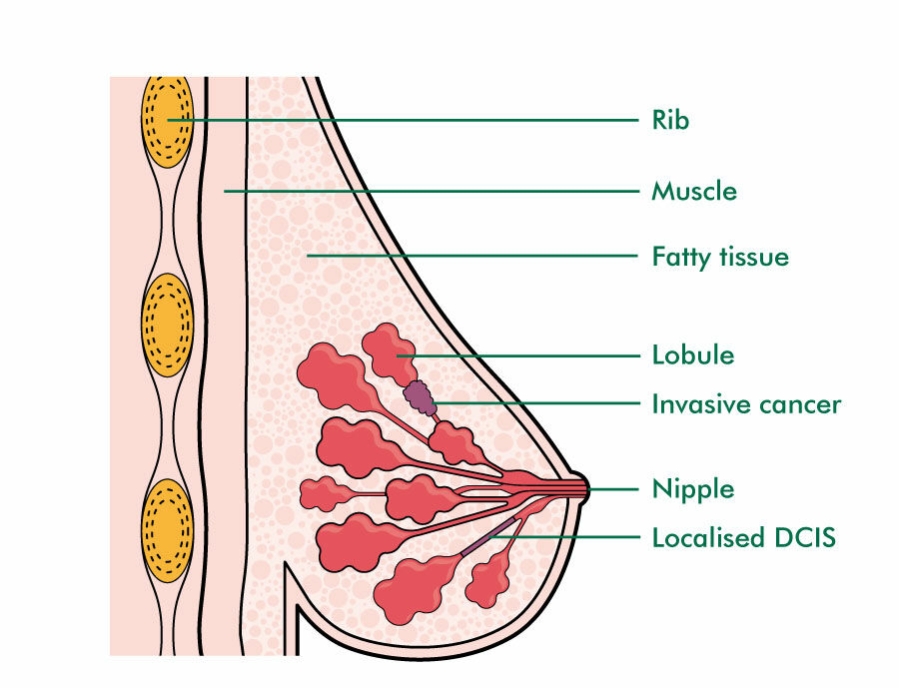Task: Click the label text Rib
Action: click(x=670, y=121)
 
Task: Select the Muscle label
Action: click(x=694, y=190)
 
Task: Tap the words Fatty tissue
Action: click(x=719, y=257)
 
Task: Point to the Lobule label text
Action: click(x=692, y=354)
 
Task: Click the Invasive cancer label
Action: click(x=746, y=404)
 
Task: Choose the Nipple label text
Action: click(x=692, y=490)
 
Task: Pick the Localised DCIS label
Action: click(x=743, y=538)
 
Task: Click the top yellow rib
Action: click(x=167, y=119)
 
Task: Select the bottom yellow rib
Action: click(x=167, y=530)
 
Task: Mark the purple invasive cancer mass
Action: click(x=421, y=398)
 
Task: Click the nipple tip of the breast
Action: click(x=584, y=489)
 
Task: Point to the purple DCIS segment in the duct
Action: click(x=490, y=536)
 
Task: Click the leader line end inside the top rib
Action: click(x=170, y=120)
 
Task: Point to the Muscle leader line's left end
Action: click(x=225, y=190)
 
